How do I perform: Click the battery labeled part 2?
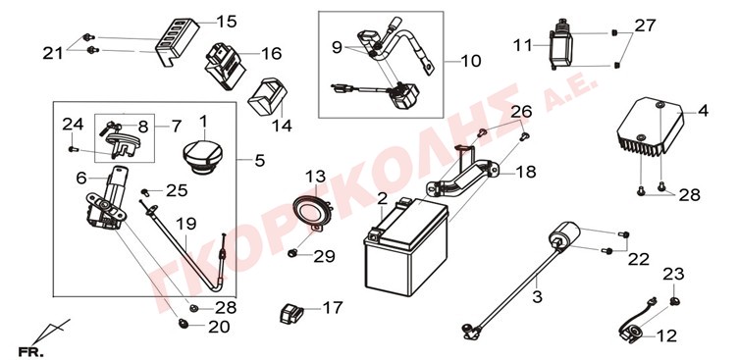405,246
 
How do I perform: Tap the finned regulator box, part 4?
650,127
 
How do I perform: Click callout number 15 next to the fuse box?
227,22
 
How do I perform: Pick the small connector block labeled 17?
292,313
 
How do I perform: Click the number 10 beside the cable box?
471,61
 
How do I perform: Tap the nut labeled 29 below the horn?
290,254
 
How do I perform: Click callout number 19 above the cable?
186,224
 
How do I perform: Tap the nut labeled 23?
674,300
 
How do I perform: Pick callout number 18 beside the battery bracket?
525,172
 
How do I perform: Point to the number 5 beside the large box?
260,161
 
